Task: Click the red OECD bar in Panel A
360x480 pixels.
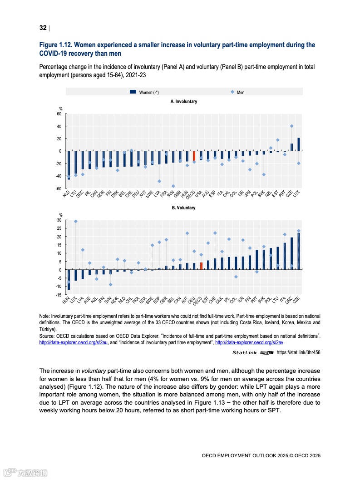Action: coord(194,156)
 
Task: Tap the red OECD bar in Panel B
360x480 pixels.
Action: coord(201,266)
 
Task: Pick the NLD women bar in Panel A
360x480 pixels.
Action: coord(69,165)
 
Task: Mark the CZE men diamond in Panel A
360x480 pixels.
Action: coord(291,126)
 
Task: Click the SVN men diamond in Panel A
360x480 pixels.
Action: coord(173,186)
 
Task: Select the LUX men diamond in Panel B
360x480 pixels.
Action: coord(75,222)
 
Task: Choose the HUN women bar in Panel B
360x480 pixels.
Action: coord(69,279)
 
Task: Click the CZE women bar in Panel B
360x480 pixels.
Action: coord(298,251)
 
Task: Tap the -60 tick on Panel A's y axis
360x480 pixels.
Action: coord(59,188)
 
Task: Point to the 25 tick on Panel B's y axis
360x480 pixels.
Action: coord(59,228)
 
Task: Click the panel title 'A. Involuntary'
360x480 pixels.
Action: coord(184,102)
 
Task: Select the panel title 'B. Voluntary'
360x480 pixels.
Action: coord(183,208)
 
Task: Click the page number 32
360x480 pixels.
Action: coord(43,28)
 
